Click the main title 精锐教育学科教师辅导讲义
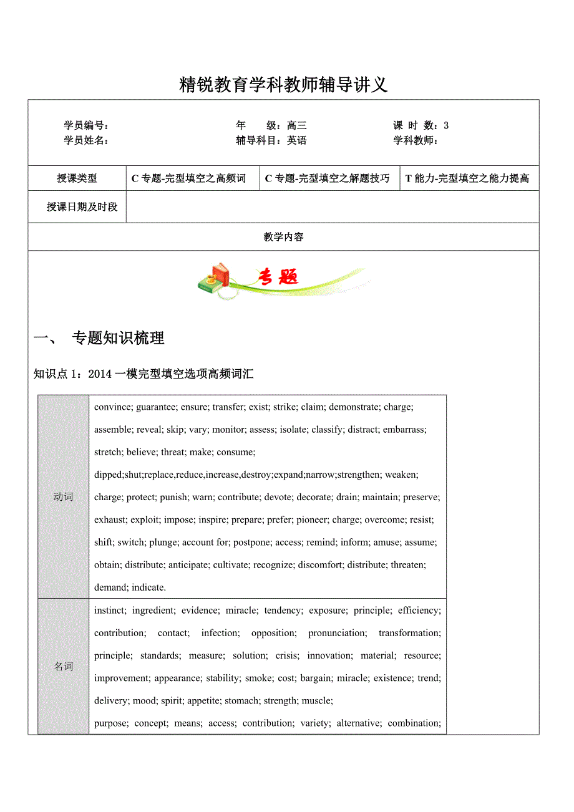(x=283, y=85)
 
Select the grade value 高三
(x=297, y=125)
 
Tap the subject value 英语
(x=297, y=140)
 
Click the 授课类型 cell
(x=77, y=178)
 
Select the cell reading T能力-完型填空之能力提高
(x=467, y=178)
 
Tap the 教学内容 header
(x=283, y=237)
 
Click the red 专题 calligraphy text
(x=278, y=276)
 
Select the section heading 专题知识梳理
(x=118, y=338)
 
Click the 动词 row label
(x=64, y=497)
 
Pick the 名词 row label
(x=64, y=667)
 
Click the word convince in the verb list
(x=112, y=407)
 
